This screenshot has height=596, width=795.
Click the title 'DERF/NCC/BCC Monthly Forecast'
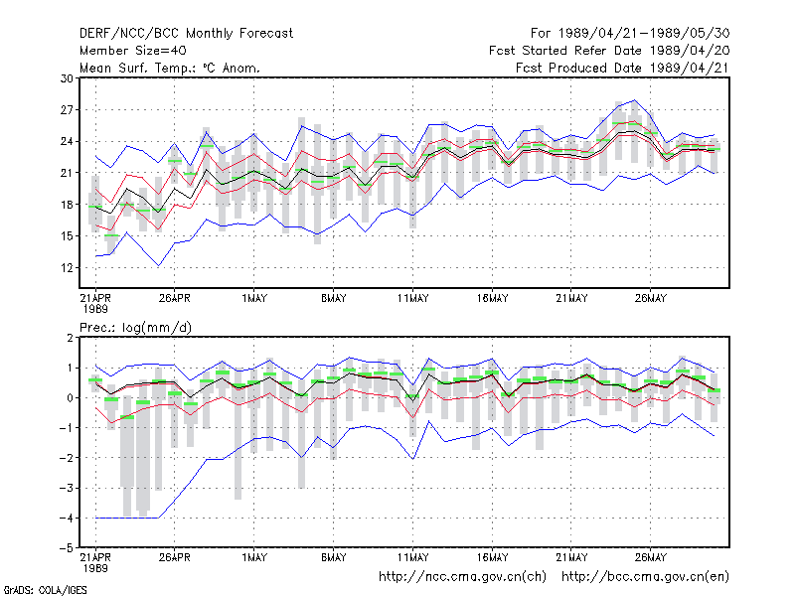tap(186, 34)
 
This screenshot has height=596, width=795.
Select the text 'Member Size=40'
tap(133, 51)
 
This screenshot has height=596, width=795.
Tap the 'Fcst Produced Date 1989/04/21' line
tap(622, 68)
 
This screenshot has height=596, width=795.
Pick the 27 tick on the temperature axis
tap(67, 110)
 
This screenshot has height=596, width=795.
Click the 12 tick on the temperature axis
tap(67, 267)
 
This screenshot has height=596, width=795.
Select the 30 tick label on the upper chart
tap(67, 78)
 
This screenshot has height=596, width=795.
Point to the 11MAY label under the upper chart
tap(412, 298)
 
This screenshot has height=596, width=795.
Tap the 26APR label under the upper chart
tap(175, 298)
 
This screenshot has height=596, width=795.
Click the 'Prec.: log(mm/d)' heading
tap(135, 328)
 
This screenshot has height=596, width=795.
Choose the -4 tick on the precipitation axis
tap(67, 518)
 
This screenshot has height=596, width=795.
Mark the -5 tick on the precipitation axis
tap(67, 548)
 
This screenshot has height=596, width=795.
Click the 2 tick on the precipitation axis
tap(70, 338)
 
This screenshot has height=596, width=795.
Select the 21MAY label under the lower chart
tap(571, 557)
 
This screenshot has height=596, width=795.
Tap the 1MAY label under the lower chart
tap(254, 557)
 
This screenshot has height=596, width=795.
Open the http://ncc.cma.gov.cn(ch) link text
tap(462, 577)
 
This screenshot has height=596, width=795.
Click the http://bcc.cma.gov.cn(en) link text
tap(645, 577)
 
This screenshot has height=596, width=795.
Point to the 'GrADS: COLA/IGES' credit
tap(45, 590)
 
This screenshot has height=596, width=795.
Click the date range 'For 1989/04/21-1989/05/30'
tap(630, 34)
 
